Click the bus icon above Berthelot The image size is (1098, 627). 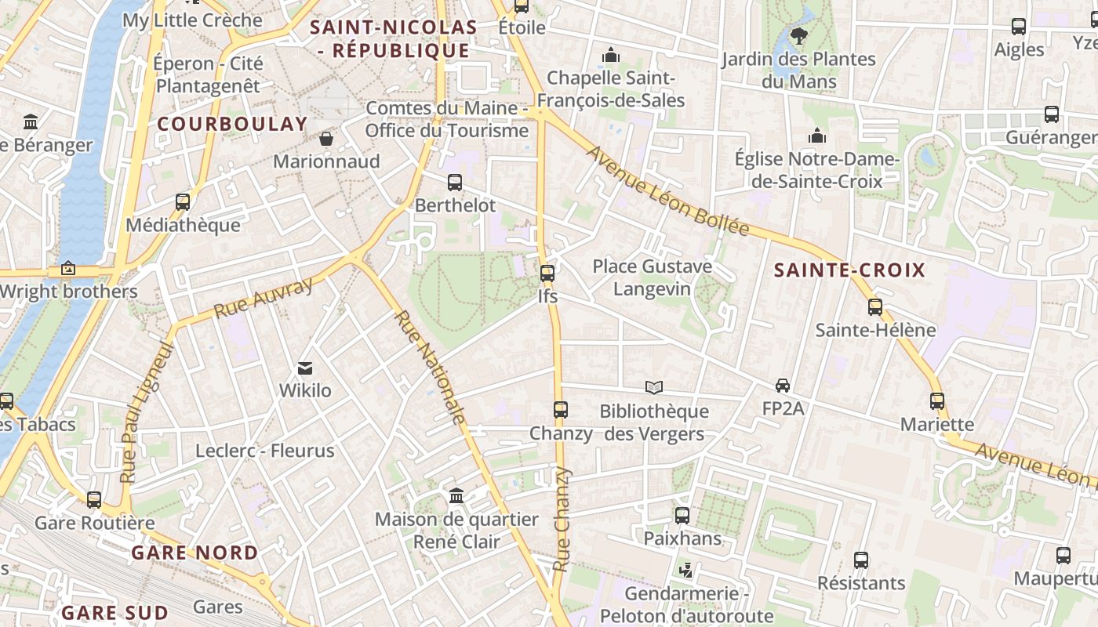click(454, 183)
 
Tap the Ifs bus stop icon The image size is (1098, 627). click(547, 274)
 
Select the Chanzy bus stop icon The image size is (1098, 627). click(560, 409)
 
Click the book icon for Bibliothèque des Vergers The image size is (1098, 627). click(653, 387)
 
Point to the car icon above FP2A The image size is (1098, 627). click(782, 385)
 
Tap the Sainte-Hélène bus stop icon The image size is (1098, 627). click(875, 307)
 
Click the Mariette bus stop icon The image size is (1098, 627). click(936, 401)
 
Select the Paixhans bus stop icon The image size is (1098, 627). click(682, 516)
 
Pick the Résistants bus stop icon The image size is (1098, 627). click(861, 560)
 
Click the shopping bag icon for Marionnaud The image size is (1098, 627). click(326, 139)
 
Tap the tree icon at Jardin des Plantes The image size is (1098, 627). click(798, 35)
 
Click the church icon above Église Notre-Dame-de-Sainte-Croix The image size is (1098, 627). click(817, 136)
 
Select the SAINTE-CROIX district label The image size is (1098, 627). click(849, 270)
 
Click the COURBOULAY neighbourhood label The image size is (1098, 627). click(232, 124)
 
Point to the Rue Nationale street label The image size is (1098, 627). click(429, 367)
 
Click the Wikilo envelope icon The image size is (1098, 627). click(305, 368)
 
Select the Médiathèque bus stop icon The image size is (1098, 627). click(183, 202)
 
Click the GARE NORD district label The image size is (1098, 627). click(195, 553)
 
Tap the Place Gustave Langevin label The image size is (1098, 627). click(652, 277)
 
